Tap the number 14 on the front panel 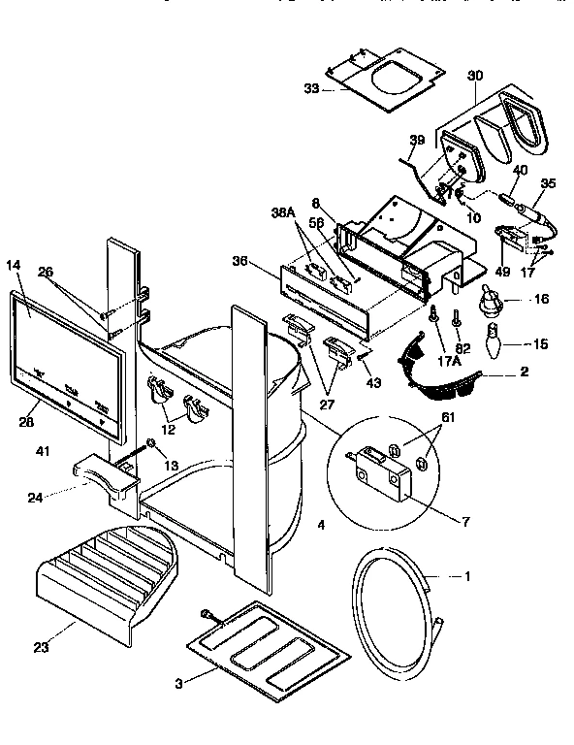tap(15, 263)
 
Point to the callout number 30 tap(474, 76)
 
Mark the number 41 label tap(43, 451)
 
